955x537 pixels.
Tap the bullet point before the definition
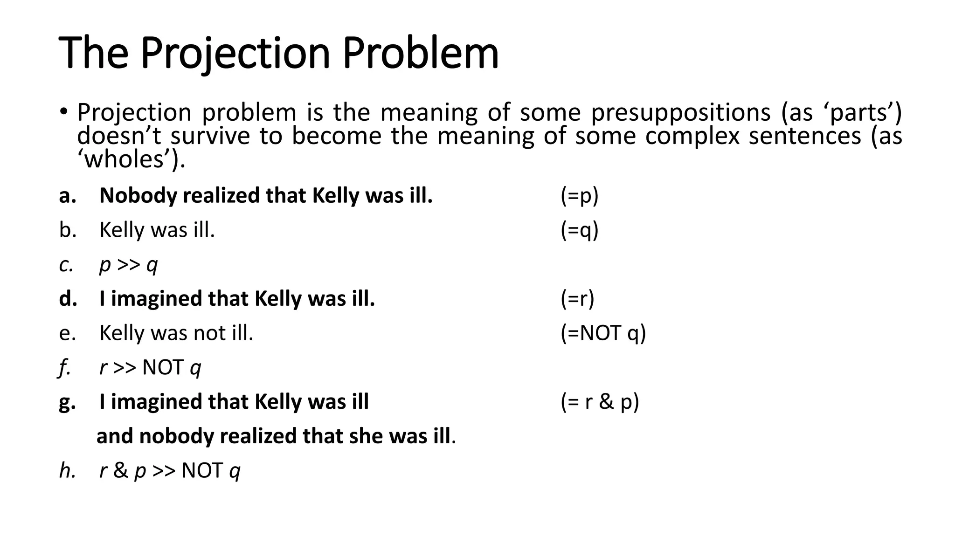point(64,112)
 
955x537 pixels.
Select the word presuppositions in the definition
point(681,112)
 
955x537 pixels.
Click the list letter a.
point(68,196)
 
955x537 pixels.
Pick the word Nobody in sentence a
point(138,196)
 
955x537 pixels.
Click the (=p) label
point(579,196)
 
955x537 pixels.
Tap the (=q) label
point(579,230)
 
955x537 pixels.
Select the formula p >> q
point(129,265)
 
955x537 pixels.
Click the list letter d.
point(68,299)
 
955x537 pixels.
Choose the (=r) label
point(577,299)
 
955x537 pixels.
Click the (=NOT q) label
point(603,333)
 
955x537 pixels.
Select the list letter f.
point(64,368)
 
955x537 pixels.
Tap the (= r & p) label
point(600,402)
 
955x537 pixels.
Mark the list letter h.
point(67,471)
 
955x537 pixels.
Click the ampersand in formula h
point(120,471)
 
